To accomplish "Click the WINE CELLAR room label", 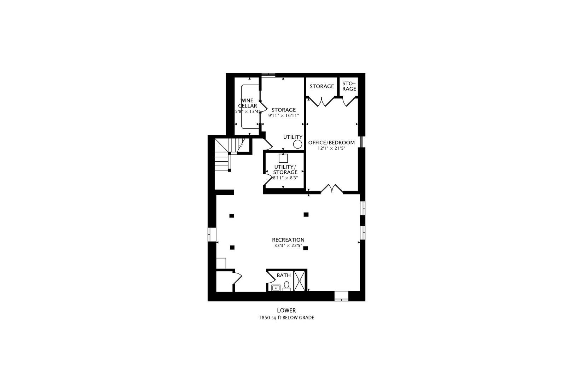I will click(248, 103).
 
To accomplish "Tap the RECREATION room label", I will click(288, 240).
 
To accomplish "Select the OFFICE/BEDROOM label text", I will click(331, 143).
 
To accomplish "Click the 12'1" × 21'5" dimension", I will click(331, 149).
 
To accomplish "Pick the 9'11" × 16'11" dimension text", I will click(284, 115).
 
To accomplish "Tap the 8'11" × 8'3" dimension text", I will click(285, 178).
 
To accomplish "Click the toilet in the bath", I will click(286, 286).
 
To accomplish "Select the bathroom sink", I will click(275, 288).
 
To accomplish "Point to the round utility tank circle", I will click(298, 144).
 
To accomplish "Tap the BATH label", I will click(284, 275).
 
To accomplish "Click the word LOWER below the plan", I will click(286, 311).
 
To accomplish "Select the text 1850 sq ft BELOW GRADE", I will click(286, 318).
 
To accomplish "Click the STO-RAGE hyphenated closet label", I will click(349, 86).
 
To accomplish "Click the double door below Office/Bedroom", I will click(332, 189).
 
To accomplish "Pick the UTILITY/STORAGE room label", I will click(285, 169).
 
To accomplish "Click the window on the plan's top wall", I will click(268, 75).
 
